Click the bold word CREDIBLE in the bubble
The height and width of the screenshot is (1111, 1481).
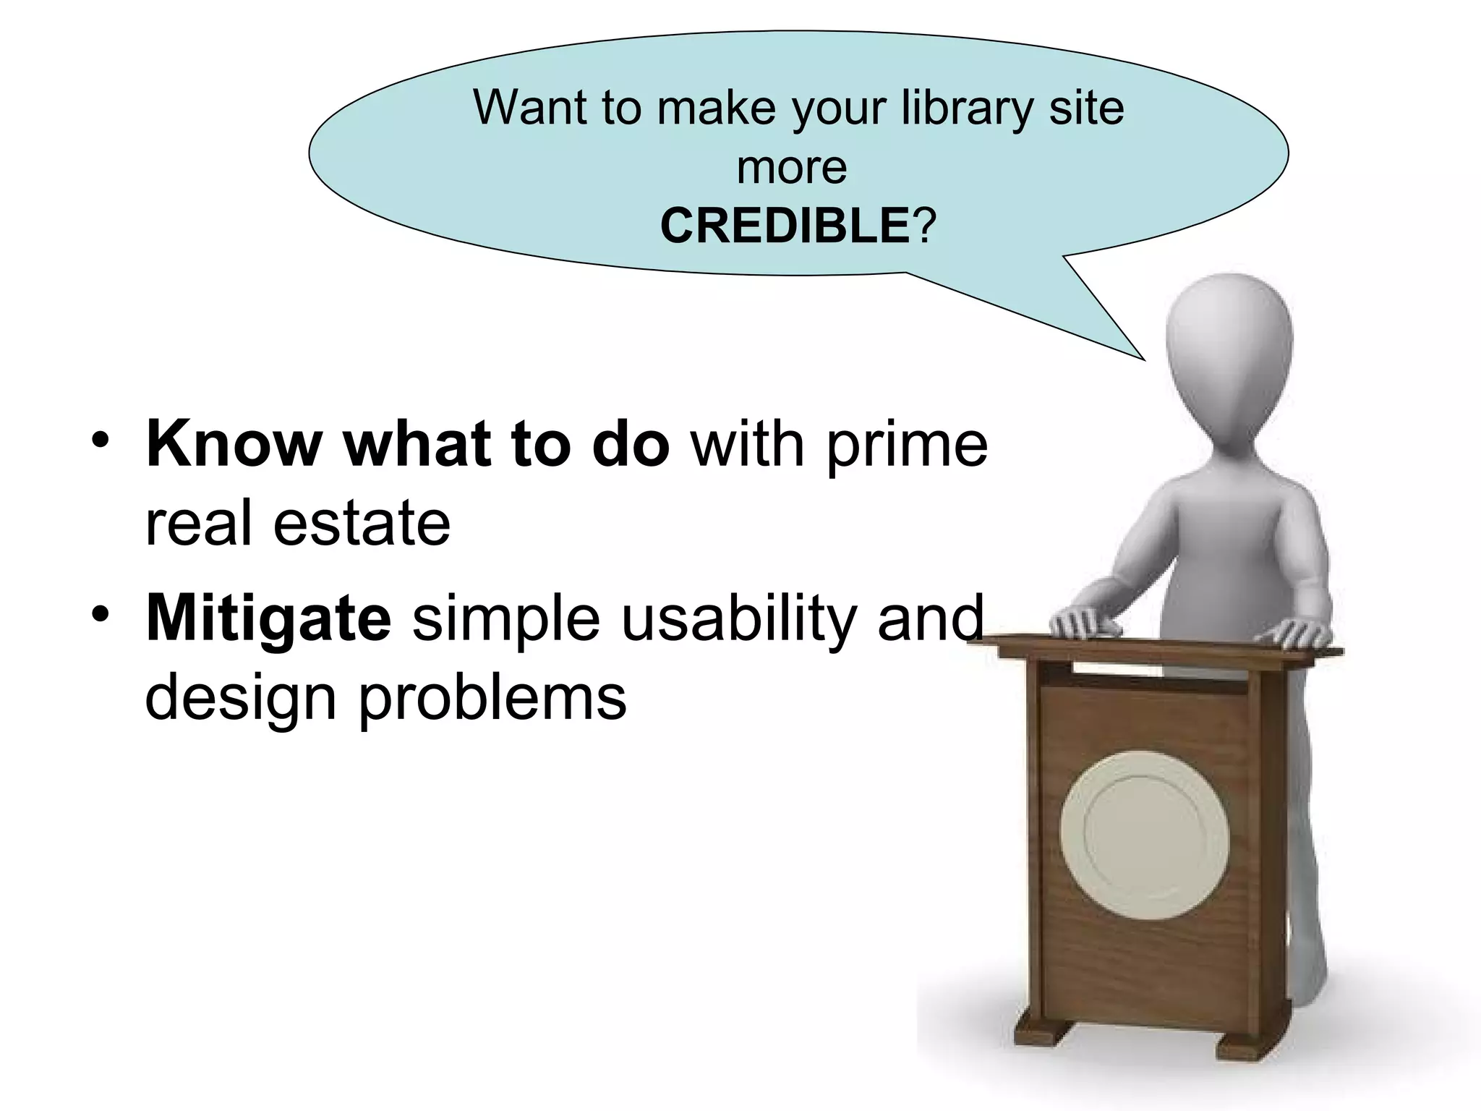pyautogui.click(x=784, y=226)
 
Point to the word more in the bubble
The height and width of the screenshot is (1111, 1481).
pyautogui.click(x=792, y=168)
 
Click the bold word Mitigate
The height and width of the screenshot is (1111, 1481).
pyautogui.click(x=268, y=618)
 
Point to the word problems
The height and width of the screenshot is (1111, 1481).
pyautogui.click(x=492, y=700)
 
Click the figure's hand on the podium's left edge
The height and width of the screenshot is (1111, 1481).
pyautogui.click(x=1085, y=620)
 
